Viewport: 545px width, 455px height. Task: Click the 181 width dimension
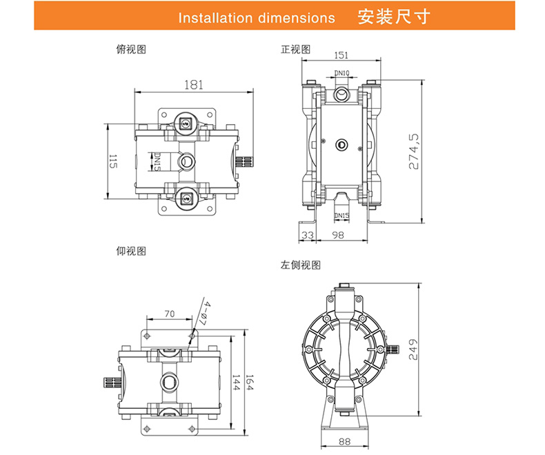pyautogui.click(x=194, y=85)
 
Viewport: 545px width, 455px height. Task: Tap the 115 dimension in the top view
pyautogui.click(x=112, y=163)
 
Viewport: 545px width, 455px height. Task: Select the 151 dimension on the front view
pyautogui.click(x=341, y=55)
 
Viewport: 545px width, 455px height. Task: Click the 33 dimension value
pyautogui.click(x=308, y=234)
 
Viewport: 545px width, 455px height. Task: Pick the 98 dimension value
pyautogui.click(x=338, y=234)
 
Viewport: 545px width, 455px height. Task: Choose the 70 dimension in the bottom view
pyautogui.click(x=169, y=314)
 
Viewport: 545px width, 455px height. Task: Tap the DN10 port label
pyautogui.click(x=342, y=72)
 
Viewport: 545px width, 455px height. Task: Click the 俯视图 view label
pyautogui.click(x=131, y=50)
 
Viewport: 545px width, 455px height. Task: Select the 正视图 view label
pyautogui.click(x=295, y=50)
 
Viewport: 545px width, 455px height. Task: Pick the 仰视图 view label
pyautogui.click(x=131, y=252)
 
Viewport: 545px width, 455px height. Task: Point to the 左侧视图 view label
pyautogui.click(x=301, y=264)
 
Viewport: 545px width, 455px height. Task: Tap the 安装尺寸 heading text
pyautogui.click(x=395, y=17)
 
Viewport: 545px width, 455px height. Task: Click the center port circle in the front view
pyautogui.click(x=341, y=144)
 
